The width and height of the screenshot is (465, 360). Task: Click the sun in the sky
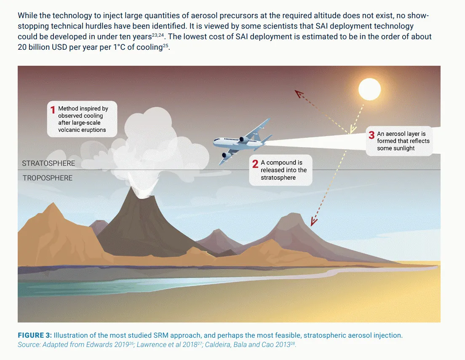[369, 89]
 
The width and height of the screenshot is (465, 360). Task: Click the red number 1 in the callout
[53, 110]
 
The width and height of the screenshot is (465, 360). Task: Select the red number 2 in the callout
[255, 164]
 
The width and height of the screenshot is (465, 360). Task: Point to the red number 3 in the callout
[371, 135]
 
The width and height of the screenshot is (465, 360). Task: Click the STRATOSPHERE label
[49, 163]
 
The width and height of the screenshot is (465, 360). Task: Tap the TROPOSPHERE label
[48, 178]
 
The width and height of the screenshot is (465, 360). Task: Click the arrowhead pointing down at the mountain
[313, 221]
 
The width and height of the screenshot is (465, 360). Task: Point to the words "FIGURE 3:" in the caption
[35, 336]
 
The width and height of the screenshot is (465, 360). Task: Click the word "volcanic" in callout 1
[70, 130]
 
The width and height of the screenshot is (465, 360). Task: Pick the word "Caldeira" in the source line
[220, 345]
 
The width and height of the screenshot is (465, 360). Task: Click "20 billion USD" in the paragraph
[42, 47]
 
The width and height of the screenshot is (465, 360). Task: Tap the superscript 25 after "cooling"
[166, 45]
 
